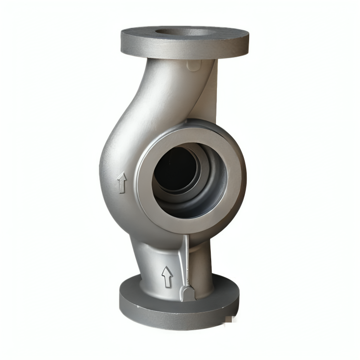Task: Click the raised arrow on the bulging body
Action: [x=122, y=183]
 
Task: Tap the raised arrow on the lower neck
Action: [x=167, y=276]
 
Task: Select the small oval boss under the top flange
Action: [x=193, y=65]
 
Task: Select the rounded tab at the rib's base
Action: [x=186, y=293]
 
